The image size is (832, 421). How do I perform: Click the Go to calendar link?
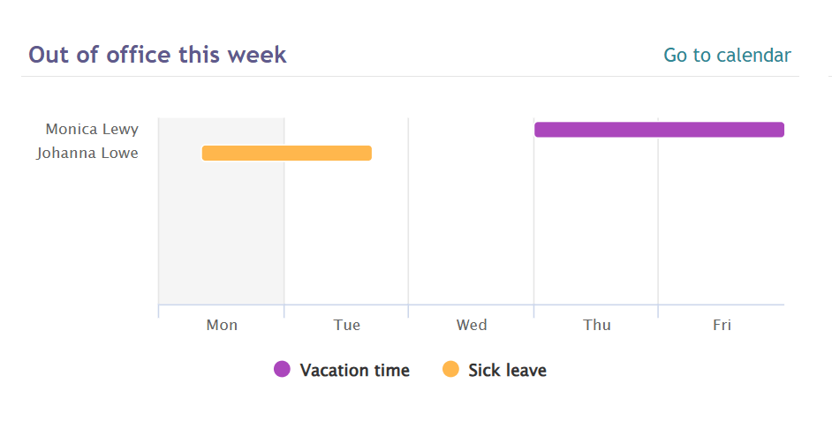(x=727, y=55)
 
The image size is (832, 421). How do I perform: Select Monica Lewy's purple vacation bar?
(x=659, y=130)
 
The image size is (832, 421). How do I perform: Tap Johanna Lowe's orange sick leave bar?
(x=286, y=153)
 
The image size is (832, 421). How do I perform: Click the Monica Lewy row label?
(x=92, y=130)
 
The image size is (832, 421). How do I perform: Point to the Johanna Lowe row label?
(x=87, y=153)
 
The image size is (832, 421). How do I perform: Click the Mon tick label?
(x=222, y=325)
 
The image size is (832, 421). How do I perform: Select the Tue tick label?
(x=347, y=325)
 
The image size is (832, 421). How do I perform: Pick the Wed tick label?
(x=472, y=325)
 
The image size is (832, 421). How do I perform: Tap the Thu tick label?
(x=597, y=325)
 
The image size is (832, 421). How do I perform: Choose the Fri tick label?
(x=722, y=325)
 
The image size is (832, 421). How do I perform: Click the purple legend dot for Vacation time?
(x=282, y=369)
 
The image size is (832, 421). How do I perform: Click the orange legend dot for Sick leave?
(x=450, y=369)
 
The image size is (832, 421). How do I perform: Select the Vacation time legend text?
(x=354, y=370)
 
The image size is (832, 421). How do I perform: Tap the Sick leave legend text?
(x=507, y=370)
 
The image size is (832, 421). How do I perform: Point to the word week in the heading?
(x=257, y=55)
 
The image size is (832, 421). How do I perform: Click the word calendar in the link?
(x=754, y=55)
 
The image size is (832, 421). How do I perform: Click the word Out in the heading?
(x=49, y=55)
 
